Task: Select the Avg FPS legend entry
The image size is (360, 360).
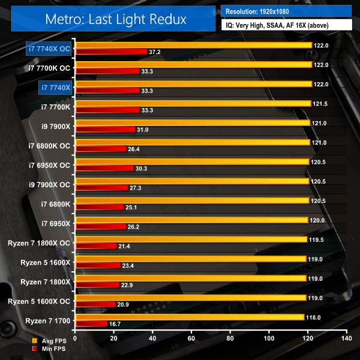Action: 49,341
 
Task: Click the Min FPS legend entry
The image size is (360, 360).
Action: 49,349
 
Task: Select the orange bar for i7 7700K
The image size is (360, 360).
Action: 193,103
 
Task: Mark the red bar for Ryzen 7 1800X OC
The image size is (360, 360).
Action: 96,246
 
